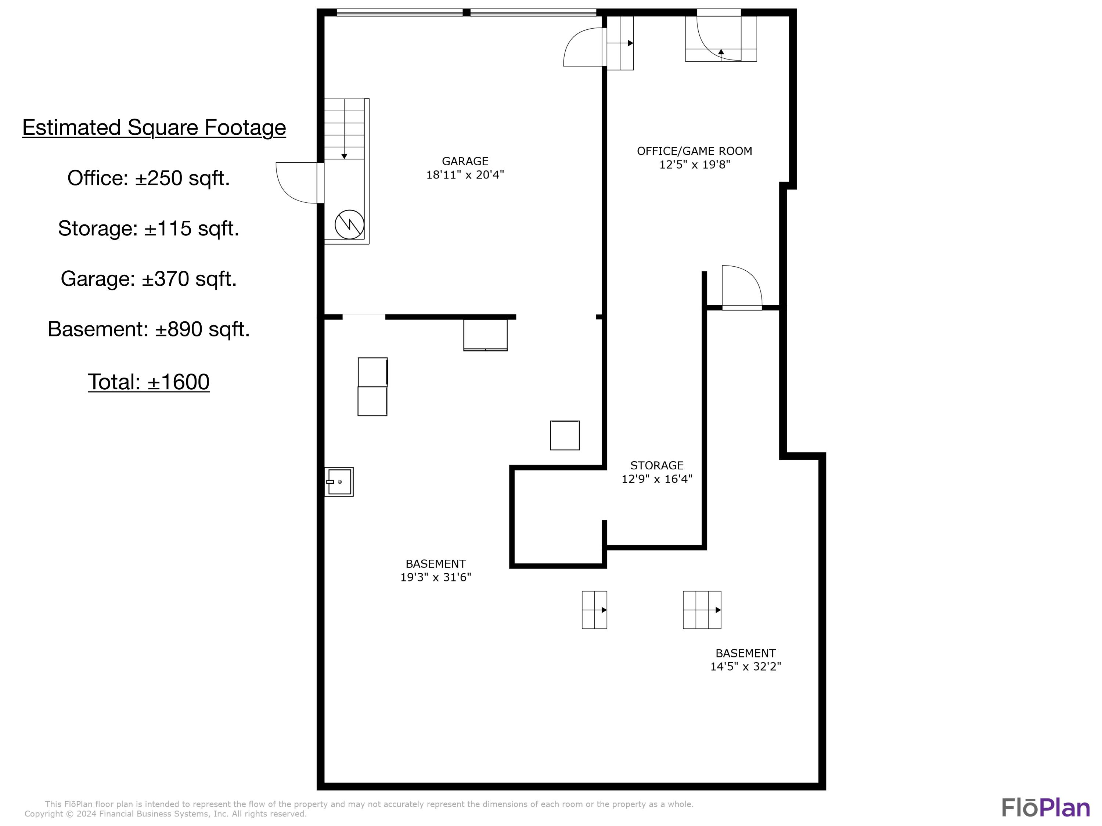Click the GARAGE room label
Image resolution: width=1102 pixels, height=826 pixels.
465,161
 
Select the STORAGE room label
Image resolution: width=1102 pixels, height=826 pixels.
657,465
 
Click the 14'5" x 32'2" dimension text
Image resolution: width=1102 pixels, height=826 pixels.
745,666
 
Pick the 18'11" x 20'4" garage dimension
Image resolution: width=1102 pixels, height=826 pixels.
465,174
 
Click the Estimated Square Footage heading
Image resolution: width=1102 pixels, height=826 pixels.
154,127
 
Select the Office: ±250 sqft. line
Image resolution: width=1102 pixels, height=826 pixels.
148,178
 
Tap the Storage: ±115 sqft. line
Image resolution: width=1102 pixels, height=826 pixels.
148,228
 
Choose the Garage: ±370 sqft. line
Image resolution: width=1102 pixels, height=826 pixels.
148,278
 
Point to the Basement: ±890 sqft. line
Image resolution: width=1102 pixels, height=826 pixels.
148,329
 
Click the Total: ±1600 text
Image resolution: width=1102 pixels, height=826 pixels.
148,382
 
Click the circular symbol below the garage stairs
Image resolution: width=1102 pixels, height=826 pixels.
349,224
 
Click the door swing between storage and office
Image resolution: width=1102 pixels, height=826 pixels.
741,286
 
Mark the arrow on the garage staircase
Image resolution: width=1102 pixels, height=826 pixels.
344,156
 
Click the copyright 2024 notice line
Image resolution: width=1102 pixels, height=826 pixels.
165,814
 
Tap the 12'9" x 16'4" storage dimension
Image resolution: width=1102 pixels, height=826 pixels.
657,479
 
